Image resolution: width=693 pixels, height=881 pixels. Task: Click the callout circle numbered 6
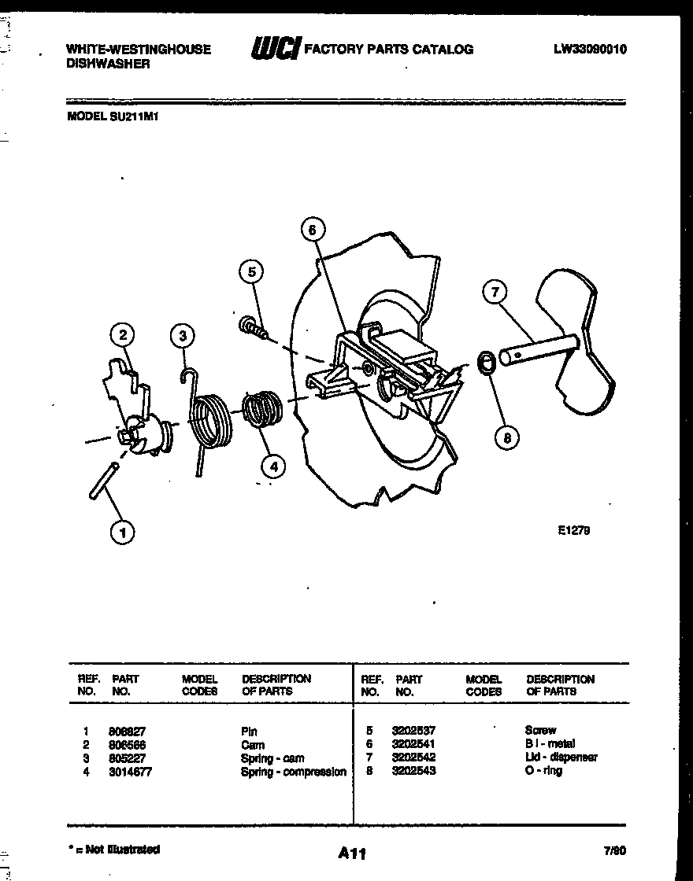(312, 230)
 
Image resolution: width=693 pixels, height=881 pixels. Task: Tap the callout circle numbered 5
(251, 272)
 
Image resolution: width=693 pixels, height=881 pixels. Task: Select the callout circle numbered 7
(495, 293)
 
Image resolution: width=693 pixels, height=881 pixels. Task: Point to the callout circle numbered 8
(506, 437)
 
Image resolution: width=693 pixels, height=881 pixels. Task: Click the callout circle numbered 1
(121, 533)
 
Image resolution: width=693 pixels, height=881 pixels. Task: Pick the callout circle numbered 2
(122, 336)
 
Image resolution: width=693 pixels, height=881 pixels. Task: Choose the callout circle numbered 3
(183, 336)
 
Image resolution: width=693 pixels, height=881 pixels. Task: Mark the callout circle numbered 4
(273, 466)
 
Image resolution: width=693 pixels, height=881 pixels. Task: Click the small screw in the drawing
(252, 326)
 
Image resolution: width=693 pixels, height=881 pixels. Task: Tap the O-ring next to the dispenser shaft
(487, 363)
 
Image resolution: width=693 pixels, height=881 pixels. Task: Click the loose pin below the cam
(103, 481)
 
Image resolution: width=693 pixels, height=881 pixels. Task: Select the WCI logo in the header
(275, 49)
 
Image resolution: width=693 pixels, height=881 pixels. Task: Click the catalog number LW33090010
(590, 49)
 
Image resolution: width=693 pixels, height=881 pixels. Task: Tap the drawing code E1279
(573, 530)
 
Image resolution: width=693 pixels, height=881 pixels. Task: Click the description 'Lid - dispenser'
(561, 757)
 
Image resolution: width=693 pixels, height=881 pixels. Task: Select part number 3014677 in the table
(130, 772)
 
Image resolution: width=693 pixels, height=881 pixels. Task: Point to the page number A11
(352, 853)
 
